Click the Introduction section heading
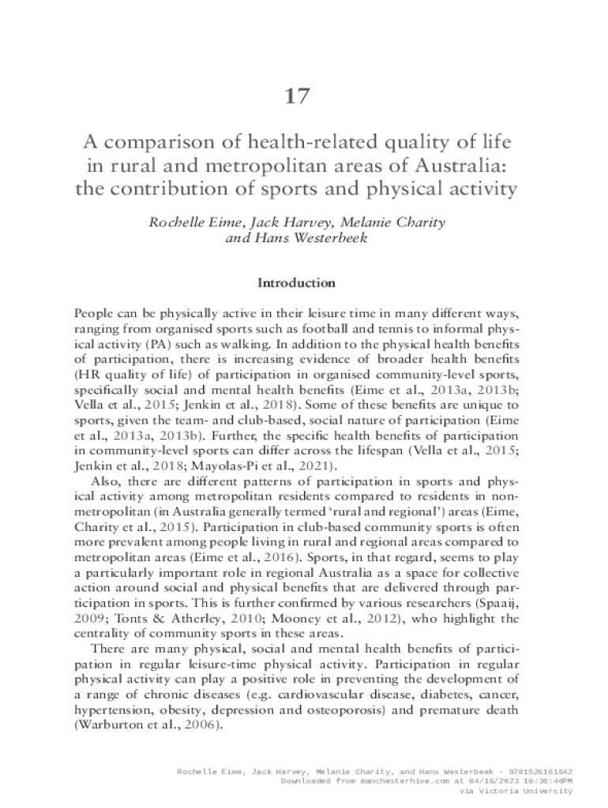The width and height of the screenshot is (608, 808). (297, 282)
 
